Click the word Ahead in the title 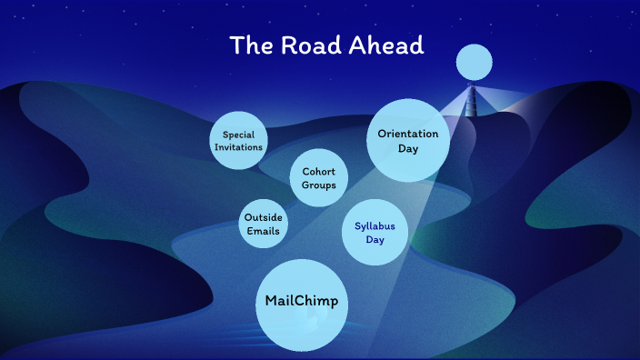(x=388, y=45)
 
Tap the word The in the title (x=246, y=45)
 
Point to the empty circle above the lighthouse (x=473, y=62)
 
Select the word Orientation (x=408, y=134)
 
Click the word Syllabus (x=375, y=226)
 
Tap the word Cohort (x=319, y=172)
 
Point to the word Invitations (x=238, y=146)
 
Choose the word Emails (x=263, y=231)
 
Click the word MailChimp (x=301, y=301)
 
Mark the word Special (x=238, y=135)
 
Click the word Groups (x=319, y=185)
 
